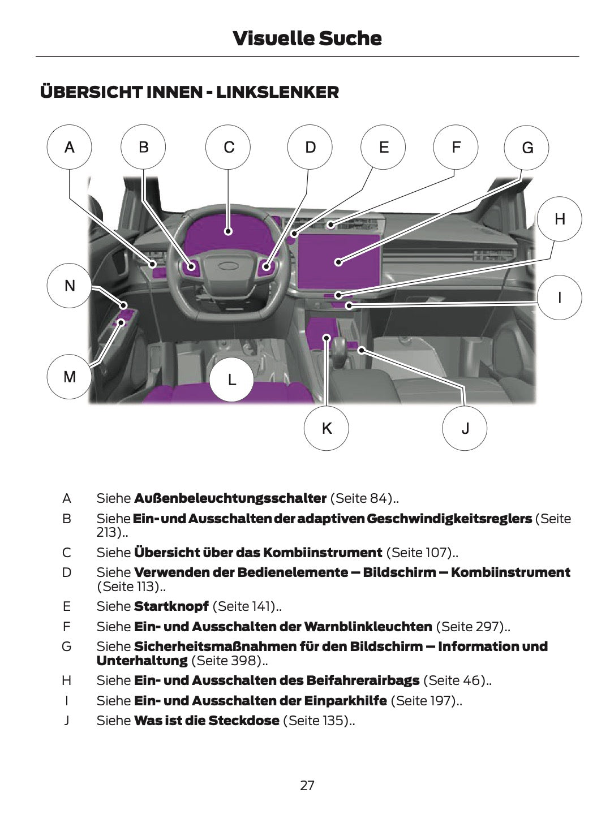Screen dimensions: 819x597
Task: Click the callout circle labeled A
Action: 69,147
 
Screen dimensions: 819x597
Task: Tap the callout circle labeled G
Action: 527,148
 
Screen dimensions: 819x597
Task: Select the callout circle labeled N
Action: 69,286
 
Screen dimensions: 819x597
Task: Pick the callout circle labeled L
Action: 231,380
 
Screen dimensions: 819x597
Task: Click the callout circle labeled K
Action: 327,428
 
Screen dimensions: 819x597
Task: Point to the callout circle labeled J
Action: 465,428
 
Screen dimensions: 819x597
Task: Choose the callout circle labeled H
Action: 559,219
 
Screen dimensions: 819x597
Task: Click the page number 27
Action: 307,785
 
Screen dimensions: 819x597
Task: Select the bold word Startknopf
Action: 171,606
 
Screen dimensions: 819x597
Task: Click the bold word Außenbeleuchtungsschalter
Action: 230,498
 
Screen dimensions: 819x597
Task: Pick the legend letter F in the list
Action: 67,627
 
